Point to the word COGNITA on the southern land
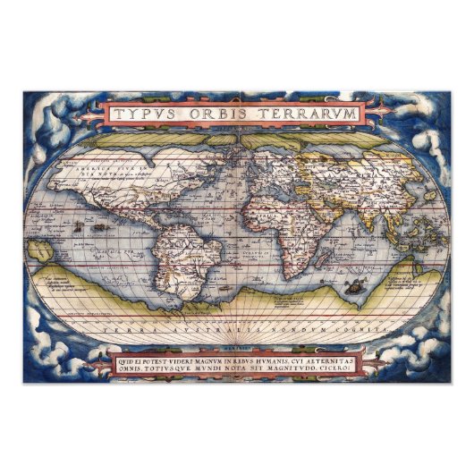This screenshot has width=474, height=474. pyautogui.click(x=354, y=330)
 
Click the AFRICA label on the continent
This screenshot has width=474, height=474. pyautogui.click(x=268, y=215)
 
